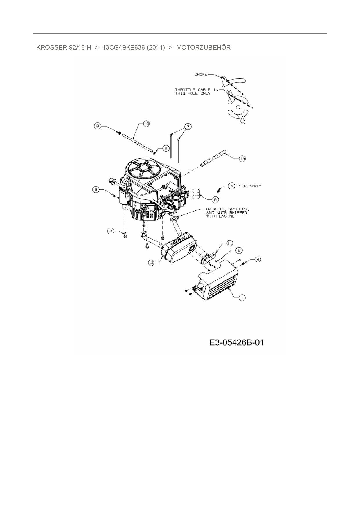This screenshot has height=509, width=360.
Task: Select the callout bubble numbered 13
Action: pyautogui.click(x=242, y=158)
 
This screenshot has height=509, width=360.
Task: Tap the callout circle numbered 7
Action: pyautogui.click(x=188, y=127)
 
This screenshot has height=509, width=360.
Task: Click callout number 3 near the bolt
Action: pyautogui.click(x=111, y=231)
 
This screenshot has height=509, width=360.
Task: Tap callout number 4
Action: pyautogui.click(x=258, y=259)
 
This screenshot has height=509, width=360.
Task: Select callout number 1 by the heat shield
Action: pyautogui.click(x=242, y=297)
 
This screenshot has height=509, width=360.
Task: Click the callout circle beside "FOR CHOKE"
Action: pyautogui.click(x=231, y=186)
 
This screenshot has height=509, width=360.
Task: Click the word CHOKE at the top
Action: pyautogui.click(x=201, y=75)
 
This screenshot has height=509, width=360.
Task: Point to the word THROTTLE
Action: pyautogui.click(x=185, y=90)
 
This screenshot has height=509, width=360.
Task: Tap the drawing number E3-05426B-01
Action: pyautogui.click(x=236, y=342)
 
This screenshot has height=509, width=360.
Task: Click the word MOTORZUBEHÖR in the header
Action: pyautogui.click(x=203, y=48)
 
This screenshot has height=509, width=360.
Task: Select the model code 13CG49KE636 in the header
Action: pyautogui.click(x=123, y=48)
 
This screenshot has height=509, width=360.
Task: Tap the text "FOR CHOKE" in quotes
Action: pyautogui.click(x=249, y=186)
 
